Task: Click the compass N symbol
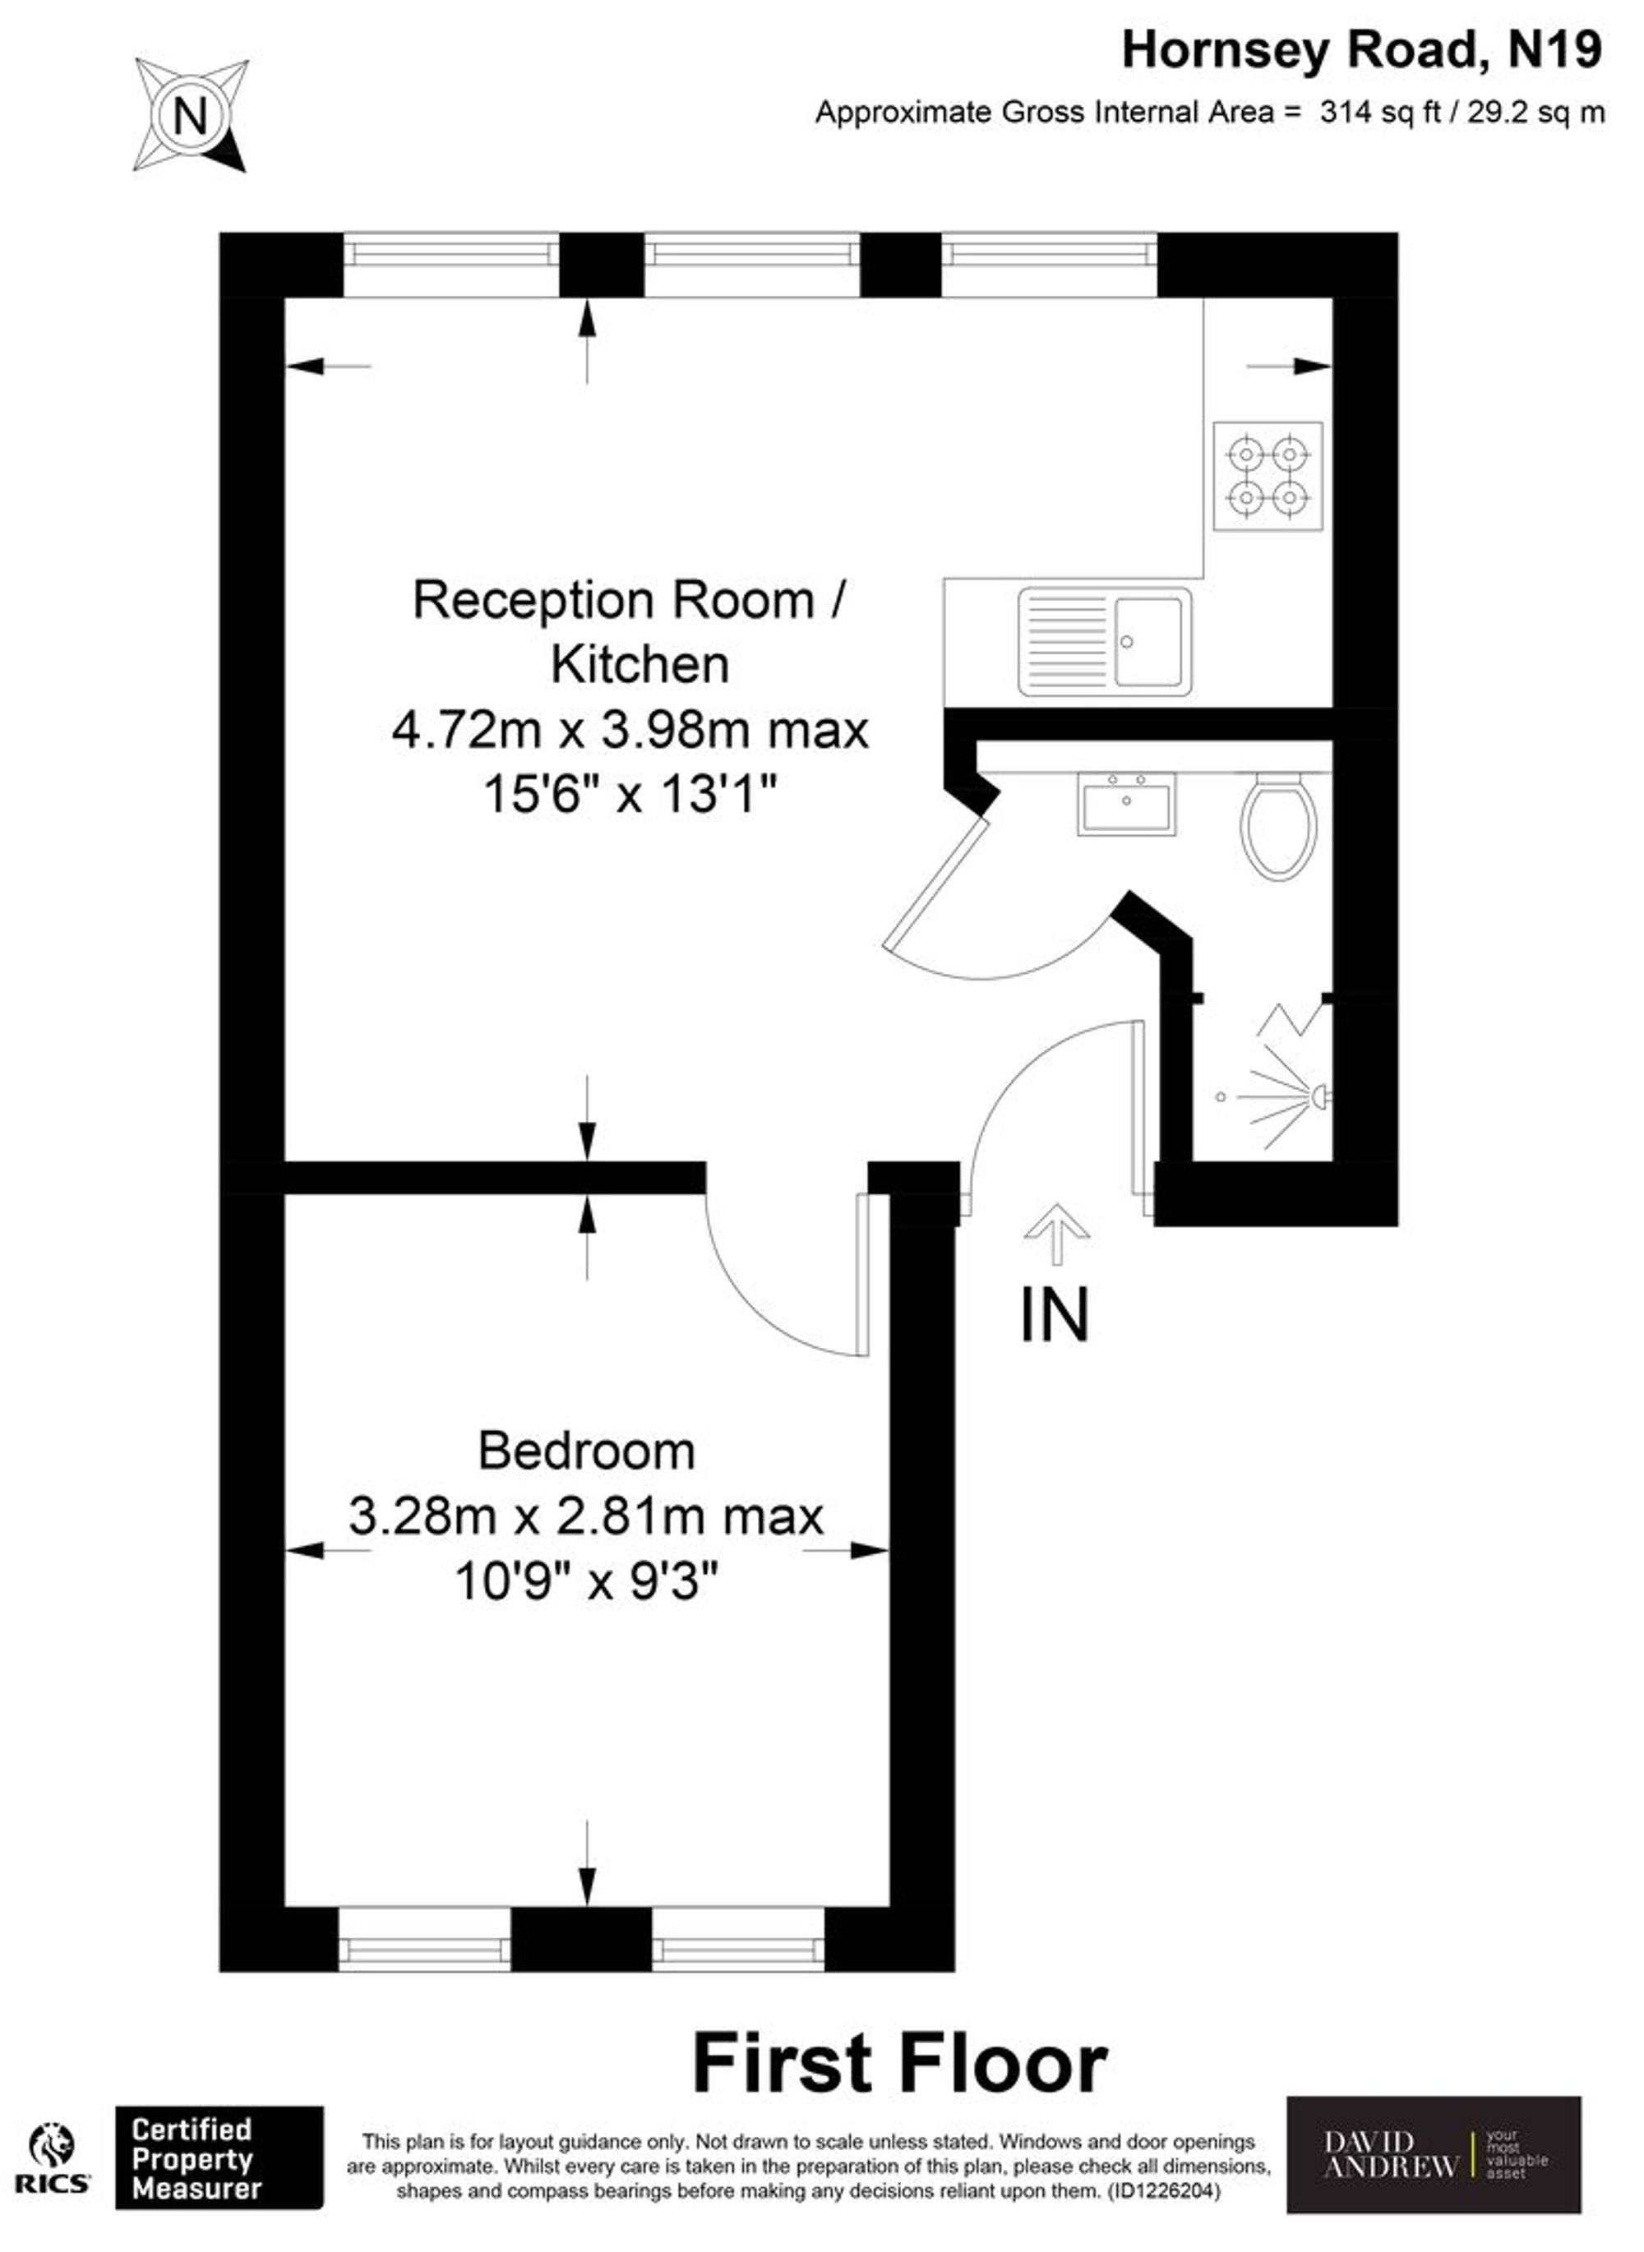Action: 190,115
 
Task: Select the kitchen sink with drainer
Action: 1105,642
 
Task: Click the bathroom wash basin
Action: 1125,803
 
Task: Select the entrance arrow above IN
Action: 1056,1233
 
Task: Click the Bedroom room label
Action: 586,1450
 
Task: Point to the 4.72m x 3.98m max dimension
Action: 630,730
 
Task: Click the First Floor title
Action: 899,2064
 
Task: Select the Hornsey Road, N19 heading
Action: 1361,50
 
